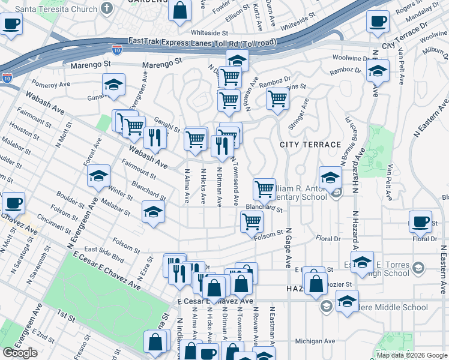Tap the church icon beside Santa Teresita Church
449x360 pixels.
pyautogui.click(x=107, y=9)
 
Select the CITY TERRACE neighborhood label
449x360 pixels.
pyautogui.click(x=310, y=145)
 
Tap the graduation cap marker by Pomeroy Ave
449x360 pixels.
pyautogui.click(x=113, y=85)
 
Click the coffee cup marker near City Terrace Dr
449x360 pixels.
pyautogui.click(x=378, y=22)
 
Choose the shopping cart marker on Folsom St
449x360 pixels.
pyautogui.click(x=252, y=221)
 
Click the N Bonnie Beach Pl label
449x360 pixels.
pyautogui.click(x=348, y=128)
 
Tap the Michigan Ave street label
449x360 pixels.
pyautogui.click(x=315, y=341)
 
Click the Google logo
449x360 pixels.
pyautogui.click(x=20, y=353)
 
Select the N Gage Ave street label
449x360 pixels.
pyautogui.click(x=289, y=247)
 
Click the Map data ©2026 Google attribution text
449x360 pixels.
pyautogui.click(x=411, y=355)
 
